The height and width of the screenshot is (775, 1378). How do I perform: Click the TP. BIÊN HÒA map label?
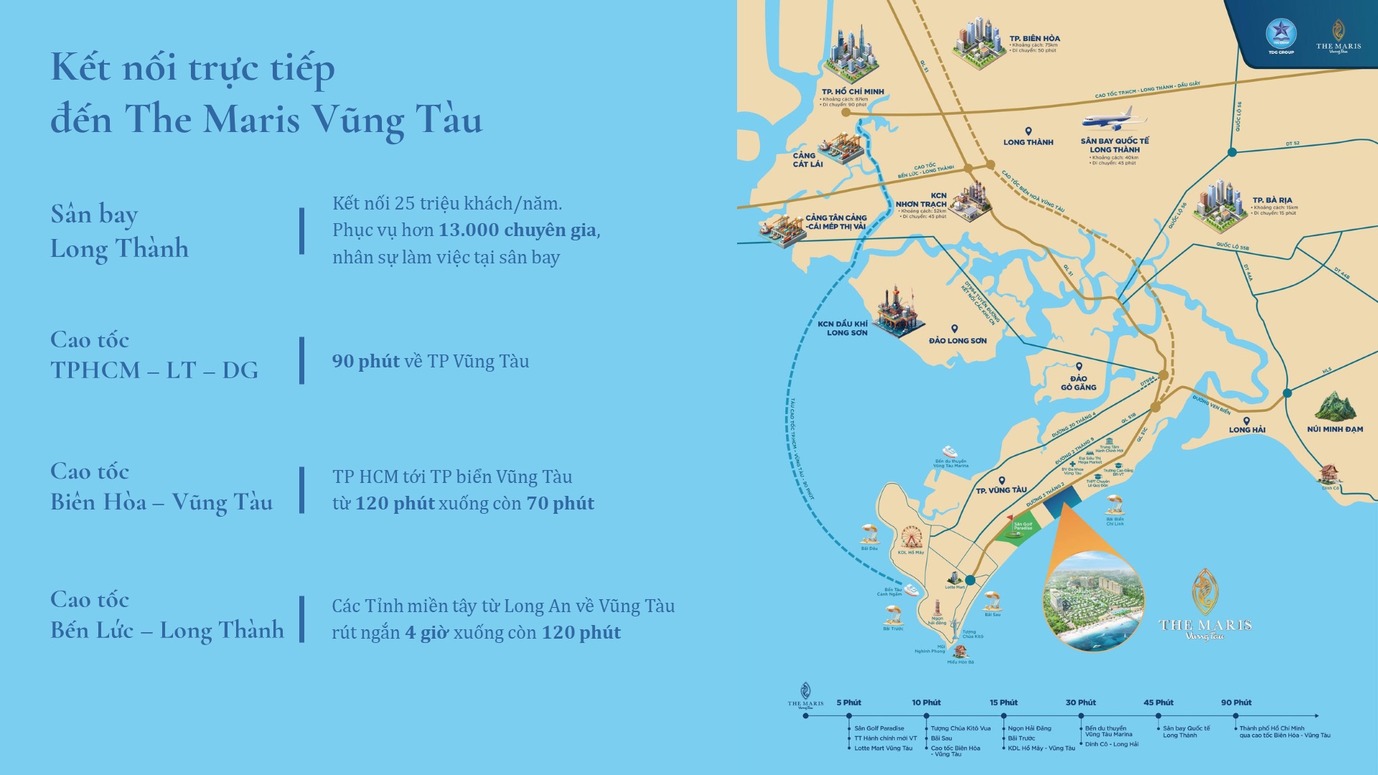1034,39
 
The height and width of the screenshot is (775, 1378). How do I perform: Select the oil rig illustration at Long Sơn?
897,313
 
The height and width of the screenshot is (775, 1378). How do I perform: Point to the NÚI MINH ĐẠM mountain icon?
1335,407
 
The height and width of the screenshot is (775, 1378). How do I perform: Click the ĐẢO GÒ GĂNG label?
1079,383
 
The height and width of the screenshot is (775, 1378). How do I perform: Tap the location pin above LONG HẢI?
1247,421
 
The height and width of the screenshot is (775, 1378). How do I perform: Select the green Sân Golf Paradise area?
1019,530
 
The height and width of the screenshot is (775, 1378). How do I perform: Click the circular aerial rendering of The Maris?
1093,601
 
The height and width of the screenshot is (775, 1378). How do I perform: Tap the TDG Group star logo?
1280,33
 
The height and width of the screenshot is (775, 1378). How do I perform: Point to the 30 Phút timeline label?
1080,703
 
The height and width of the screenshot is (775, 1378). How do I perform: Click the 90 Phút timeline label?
1236,703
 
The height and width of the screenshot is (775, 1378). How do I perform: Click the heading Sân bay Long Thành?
119,231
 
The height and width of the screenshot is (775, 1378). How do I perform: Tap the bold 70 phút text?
560,504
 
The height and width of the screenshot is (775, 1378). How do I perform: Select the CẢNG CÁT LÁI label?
807,159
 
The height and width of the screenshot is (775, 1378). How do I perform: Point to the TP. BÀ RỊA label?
1272,200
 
